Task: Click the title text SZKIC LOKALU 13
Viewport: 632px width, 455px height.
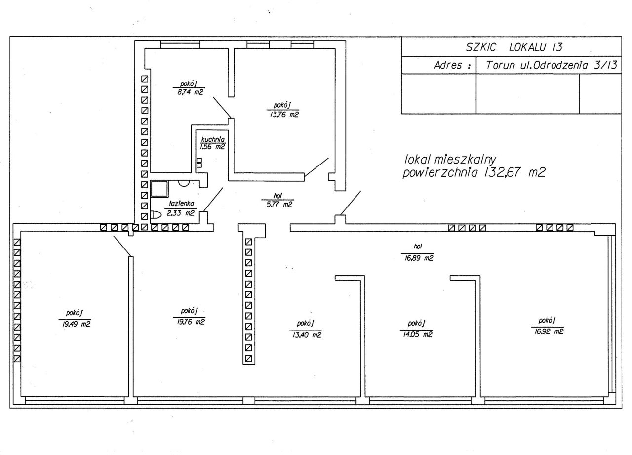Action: [514, 47]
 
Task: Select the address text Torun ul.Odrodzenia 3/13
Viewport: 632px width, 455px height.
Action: [551, 65]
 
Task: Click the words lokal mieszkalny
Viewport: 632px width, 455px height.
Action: [450, 160]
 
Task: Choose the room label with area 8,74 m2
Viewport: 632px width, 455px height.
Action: [189, 88]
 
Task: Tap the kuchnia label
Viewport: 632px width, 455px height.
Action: [213, 139]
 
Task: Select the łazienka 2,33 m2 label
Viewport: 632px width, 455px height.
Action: [181, 208]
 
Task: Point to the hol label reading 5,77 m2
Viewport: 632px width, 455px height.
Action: [278, 200]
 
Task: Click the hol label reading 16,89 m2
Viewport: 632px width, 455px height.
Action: [418, 252]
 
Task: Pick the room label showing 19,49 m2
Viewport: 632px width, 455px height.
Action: [75, 319]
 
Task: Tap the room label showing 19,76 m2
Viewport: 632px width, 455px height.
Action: [190, 317]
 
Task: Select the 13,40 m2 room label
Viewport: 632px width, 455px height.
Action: [306, 330]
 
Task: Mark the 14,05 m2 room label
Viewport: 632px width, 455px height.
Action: [416, 329]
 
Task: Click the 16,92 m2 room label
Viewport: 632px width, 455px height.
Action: [548, 326]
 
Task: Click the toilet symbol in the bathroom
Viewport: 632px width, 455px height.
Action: [156, 215]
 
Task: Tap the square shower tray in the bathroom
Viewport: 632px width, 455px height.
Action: [159, 189]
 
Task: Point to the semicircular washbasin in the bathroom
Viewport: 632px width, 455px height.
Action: [184, 183]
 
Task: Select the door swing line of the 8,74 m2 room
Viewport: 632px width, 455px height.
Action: [222, 108]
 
